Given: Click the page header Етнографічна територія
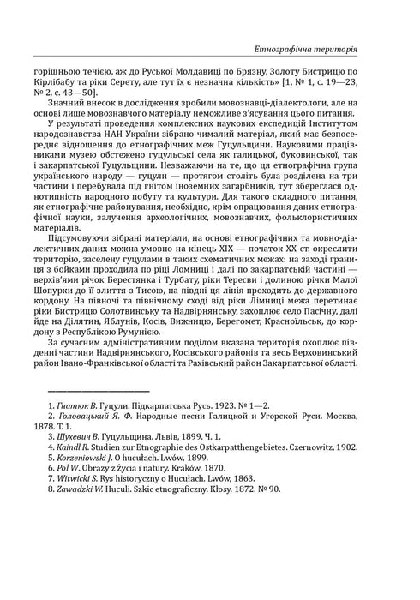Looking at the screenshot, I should (x=330, y=49).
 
